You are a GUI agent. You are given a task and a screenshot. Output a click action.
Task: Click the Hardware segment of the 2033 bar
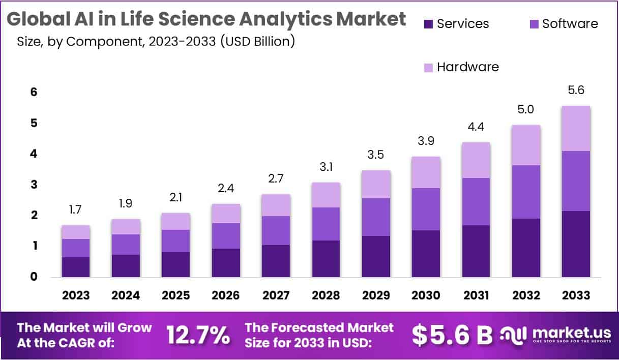tap(576, 128)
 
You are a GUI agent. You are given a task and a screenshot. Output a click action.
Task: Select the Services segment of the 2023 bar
tap(76, 267)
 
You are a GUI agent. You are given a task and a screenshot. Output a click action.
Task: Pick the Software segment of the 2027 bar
tap(276, 230)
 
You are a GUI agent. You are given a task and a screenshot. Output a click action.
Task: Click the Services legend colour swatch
tap(428, 23)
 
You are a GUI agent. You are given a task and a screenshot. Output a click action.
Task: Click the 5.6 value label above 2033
tap(576, 90)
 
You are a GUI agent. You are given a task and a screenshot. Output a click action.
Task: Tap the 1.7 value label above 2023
tap(76, 209)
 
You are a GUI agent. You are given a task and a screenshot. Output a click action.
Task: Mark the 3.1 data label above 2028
tap(326, 166)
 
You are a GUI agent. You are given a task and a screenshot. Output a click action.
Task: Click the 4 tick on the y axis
tap(33, 154)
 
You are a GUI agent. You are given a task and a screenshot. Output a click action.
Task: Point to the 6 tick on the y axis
tap(33, 92)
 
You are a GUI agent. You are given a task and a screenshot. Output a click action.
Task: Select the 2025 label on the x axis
tap(175, 295)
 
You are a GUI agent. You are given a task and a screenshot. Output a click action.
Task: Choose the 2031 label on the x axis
tap(476, 295)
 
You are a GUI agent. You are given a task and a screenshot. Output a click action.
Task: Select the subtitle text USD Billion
tap(257, 41)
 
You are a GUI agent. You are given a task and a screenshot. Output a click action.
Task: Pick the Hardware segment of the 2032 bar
tap(526, 145)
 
